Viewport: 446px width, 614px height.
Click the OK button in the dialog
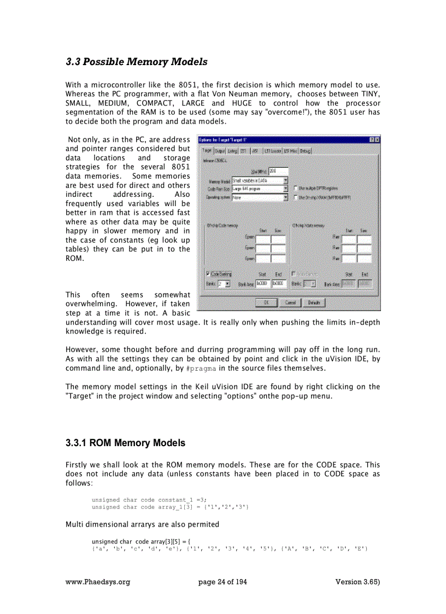pos(266,302)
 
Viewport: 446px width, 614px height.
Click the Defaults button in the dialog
pos(314,302)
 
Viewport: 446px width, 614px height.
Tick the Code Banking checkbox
pos(208,274)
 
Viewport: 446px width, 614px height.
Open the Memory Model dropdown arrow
pos(285,180)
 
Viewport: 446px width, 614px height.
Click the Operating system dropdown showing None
pos(260,197)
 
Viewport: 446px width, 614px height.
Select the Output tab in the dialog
pos(220,150)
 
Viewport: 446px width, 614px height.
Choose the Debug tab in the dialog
pos(306,150)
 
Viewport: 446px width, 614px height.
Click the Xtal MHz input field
pos(278,171)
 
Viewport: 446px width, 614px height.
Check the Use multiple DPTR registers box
pos(296,189)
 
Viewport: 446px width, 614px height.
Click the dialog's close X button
pos(377,140)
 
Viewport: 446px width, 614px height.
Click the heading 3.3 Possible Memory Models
pos(136,62)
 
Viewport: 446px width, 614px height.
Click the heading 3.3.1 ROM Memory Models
pos(125,443)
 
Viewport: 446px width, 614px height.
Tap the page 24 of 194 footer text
pos(222,582)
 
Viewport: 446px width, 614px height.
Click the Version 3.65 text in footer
pos(357,582)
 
